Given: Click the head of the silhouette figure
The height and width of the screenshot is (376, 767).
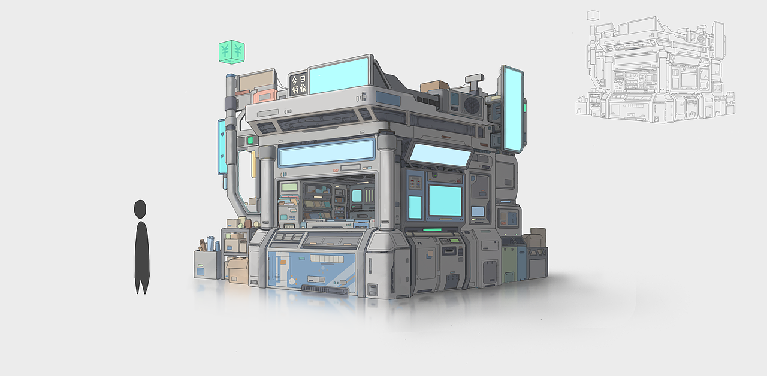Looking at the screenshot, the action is coord(140,209).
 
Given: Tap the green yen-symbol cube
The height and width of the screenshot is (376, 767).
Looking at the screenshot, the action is coord(232,52).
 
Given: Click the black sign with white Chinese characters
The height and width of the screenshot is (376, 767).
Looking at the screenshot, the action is coord(298,84).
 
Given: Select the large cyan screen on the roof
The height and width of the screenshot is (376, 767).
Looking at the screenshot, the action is coord(340,75).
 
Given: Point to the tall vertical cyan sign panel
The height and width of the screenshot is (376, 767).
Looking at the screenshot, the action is coord(512,110).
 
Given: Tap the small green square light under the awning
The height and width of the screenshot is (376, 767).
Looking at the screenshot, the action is coord(250,140).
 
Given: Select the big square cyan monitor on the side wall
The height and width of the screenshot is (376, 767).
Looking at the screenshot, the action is coord(445,201).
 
